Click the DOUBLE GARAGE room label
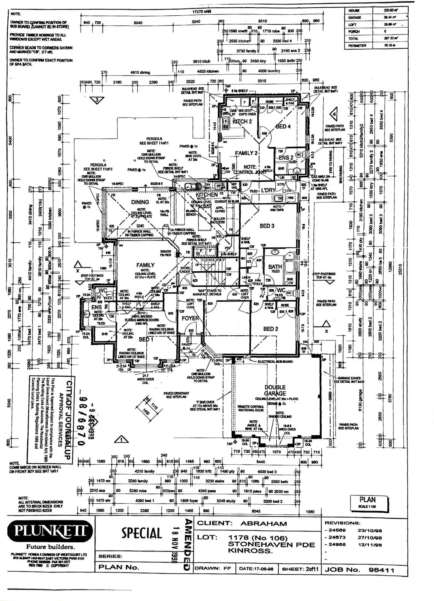click(275, 390)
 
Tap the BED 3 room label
click(267, 226)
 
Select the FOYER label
click(190, 318)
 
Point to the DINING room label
click(140, 202)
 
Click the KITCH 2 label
click(242, 121)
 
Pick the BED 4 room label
click(283, 126)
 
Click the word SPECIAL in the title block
click(142, 533)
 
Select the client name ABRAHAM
click(264, 524)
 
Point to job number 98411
click(381, 570)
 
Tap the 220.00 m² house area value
click(390, 10)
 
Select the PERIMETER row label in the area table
click(357, 46)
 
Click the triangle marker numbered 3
click(97, 100)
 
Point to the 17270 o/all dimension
click(202, 11)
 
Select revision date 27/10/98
click(370, 538)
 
